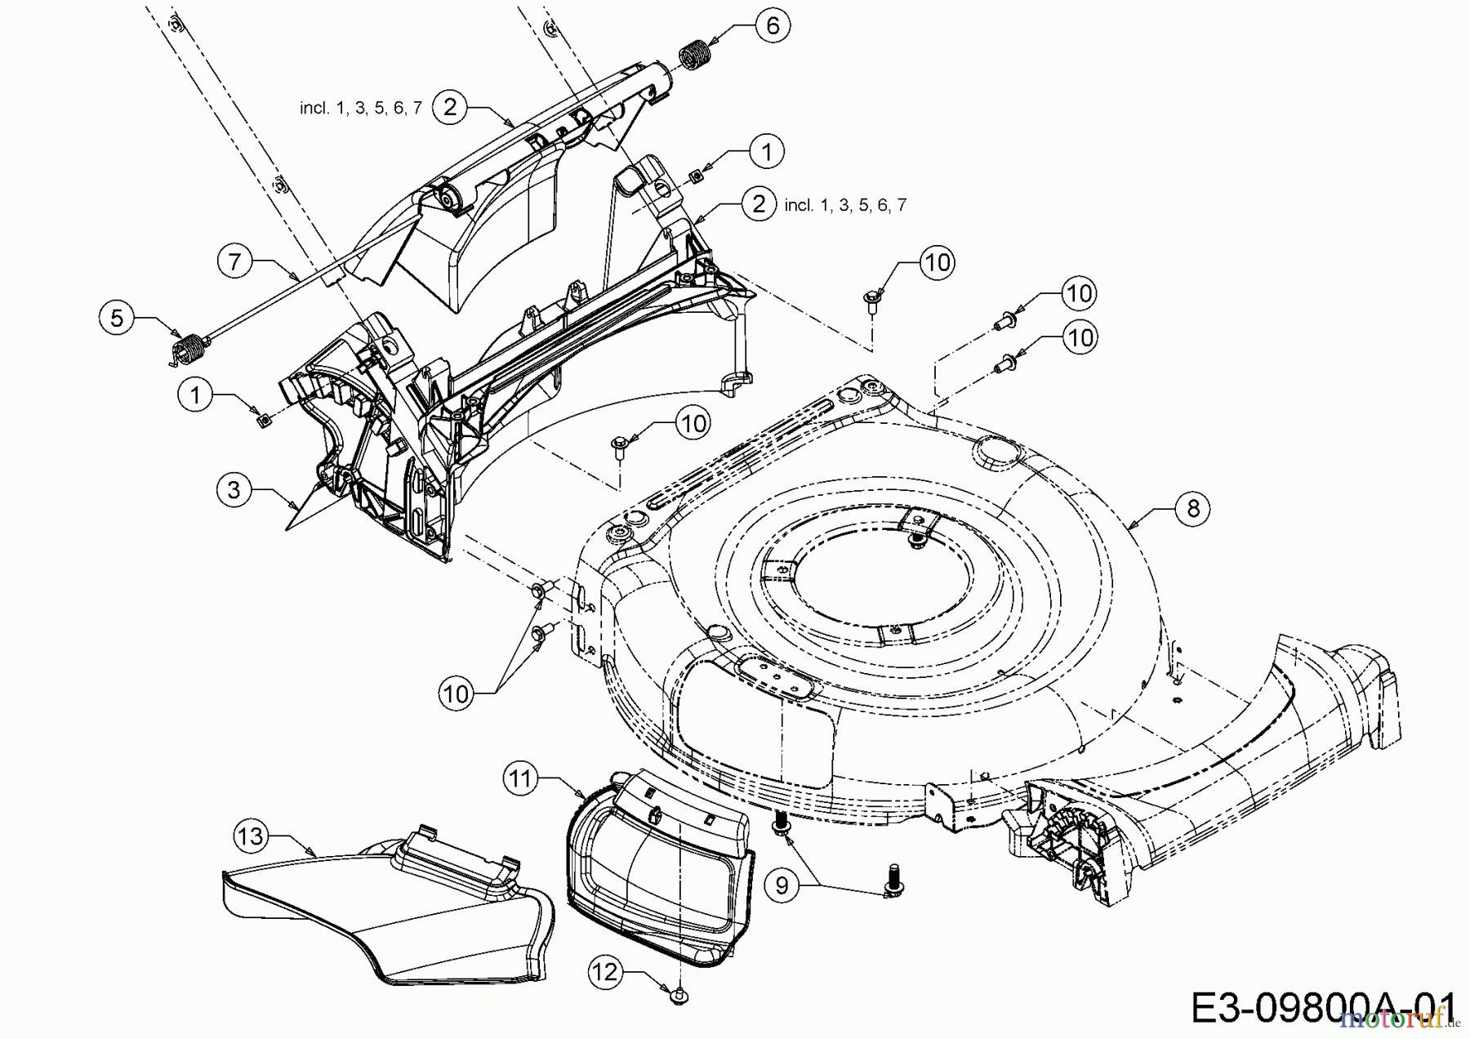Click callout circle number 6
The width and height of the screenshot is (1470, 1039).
[773, 25]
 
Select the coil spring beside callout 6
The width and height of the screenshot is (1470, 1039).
[695, 56]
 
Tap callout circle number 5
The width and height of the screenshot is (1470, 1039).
[117, 318]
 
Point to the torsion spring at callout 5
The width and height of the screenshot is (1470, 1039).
[189, 349]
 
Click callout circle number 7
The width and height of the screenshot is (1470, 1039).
[235, 262]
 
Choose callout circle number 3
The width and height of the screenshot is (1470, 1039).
[234, 490]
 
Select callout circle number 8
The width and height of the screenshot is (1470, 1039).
[1193, 509]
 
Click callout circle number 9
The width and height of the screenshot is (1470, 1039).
[782, 885]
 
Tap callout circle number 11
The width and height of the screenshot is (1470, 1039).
[521, 779]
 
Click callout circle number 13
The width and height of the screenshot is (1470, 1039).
[251, 836]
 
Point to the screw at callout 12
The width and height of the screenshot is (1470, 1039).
[677, 995]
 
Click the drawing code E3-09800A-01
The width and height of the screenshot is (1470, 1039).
[1322, 1007]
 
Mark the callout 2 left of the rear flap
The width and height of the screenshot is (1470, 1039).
[450, 107]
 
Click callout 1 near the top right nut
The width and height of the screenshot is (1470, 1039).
[766, 151]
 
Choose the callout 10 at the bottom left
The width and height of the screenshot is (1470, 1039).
[457, 693]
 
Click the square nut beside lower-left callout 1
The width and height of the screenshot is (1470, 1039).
[264, 420]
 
